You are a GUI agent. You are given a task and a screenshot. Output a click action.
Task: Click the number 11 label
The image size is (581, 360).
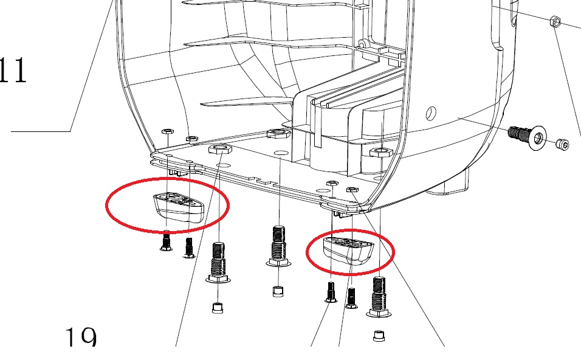tap(13, 70)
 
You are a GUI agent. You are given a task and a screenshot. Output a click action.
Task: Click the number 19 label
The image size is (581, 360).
tap(81, 336)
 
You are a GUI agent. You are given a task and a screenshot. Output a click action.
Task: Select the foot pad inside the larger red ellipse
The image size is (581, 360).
tap(179, 207)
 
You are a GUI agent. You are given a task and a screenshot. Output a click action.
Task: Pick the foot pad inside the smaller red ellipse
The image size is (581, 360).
tap(348, 251)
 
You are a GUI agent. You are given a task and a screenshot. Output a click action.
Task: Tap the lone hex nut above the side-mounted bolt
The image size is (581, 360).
tap(555, 21)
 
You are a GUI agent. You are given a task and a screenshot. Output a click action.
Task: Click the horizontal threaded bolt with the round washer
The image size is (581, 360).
tap(526, 136)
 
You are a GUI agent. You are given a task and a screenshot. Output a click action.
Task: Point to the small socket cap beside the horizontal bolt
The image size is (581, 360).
tap(563, 145)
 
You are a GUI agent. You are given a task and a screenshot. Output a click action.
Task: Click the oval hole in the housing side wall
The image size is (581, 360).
tap(431, 112)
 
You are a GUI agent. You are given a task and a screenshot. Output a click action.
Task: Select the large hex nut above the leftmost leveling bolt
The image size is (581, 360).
tap(221, 149)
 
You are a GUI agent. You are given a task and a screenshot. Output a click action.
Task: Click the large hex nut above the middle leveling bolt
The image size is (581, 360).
tap(278, 133)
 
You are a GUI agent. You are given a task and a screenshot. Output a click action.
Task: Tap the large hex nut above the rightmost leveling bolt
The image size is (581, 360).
tap(381, 151)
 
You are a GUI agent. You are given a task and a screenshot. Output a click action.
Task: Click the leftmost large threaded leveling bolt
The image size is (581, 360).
tap(218, 262)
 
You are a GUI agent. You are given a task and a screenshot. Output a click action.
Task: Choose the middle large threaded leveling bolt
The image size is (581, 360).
tap(278, 246)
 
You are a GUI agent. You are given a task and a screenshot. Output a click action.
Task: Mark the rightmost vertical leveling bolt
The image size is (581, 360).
tap(379, 297)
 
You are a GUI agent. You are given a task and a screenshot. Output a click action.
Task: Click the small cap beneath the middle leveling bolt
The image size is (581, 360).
tap(278, 291)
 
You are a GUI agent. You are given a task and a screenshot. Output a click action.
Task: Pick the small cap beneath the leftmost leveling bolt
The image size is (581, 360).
tap(218, 308)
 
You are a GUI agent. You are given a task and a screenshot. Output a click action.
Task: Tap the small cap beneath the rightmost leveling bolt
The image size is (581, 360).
tap(378, 336)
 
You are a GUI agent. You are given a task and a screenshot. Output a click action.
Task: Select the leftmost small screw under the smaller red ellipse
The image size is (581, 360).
tap(331, 292)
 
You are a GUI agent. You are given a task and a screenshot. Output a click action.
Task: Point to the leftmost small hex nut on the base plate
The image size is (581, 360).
tap(168, 131)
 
